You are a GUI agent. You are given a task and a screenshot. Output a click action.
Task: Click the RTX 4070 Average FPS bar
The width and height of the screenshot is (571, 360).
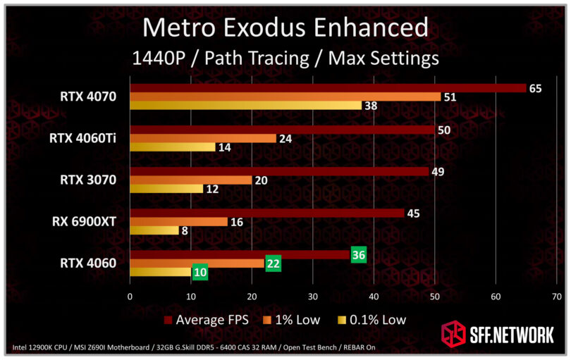click(x=328, y=88)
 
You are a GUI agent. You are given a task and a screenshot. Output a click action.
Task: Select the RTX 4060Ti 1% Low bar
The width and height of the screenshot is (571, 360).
click(x=203, y=138)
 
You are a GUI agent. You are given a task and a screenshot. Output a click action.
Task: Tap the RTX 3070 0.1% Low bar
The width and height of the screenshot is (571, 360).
click(x=166, y=189)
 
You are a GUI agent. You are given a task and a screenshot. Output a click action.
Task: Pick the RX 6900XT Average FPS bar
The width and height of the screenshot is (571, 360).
click(x=267, y=213)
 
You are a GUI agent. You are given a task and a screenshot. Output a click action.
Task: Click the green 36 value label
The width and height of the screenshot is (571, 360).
click(x=358, y=255)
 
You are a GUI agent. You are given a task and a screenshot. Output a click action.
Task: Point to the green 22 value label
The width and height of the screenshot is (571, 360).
click(x=273, y=263)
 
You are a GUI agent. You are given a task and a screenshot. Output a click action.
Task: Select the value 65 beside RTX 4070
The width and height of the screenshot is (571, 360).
click(x=535, y=88)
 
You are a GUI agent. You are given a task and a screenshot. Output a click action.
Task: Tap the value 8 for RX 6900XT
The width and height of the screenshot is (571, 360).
click(x=185, y=230)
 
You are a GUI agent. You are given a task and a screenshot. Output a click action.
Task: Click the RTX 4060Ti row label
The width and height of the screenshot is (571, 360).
click(x=82, y=139)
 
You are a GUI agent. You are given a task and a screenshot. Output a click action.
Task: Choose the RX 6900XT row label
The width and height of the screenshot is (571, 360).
click(x=84, y=222)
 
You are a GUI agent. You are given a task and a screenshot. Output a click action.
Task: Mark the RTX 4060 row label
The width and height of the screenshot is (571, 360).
click(x=88, y=263)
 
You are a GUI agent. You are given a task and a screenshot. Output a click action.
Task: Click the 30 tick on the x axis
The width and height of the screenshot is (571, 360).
click(x=313, y=297)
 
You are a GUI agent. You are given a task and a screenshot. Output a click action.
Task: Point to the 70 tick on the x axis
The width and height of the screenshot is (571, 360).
click(x=557, y=297)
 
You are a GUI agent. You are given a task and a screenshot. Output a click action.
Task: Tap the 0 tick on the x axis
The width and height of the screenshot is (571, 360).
click(x=130, y=297)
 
